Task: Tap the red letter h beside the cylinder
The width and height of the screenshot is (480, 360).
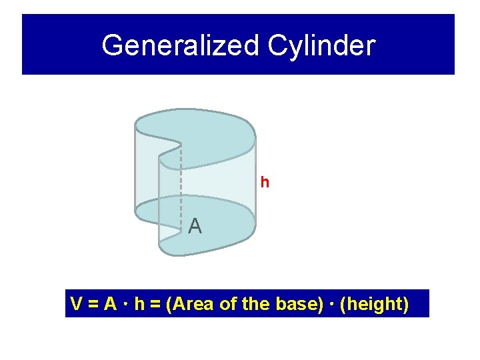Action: tap(265, 182)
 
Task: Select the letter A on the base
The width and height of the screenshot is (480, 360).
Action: tap(195, 227)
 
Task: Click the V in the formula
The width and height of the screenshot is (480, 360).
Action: tap(77, 304)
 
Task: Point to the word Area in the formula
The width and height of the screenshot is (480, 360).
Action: tap(193, 304)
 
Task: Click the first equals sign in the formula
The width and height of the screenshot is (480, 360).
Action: tap(93, 305)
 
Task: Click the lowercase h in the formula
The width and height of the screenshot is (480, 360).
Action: tap(139, 304)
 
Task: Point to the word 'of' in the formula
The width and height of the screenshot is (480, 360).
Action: tap(227, 304)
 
